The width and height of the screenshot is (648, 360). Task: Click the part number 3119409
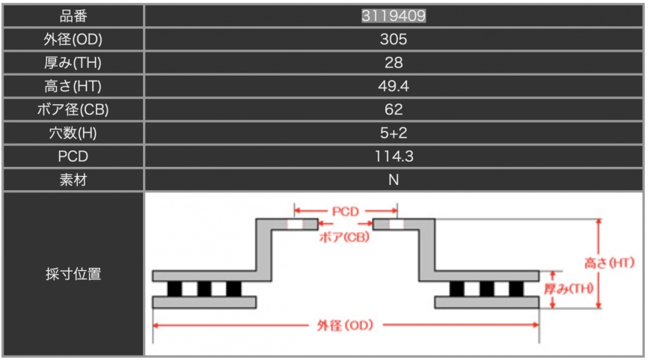(394, 16)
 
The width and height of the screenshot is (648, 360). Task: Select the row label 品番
(73, 16)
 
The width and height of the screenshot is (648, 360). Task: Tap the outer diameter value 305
(394, 39)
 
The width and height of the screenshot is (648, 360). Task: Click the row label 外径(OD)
(73, 39)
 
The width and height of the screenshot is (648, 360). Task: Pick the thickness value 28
(394, 62)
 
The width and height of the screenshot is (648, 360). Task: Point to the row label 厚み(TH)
(73, 62)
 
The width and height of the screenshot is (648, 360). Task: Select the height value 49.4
(394, 86)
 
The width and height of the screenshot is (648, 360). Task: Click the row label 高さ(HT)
(73, 86)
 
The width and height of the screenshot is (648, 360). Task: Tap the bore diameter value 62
(394, 109)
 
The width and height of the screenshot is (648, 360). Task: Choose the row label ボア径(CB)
(73, 109)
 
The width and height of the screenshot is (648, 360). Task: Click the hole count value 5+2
(394, 133)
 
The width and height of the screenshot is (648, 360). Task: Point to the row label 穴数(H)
(73, 133)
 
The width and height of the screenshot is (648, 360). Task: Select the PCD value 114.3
(394, 156)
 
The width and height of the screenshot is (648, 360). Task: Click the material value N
(394, 180)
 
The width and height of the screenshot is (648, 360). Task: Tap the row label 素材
(73, 180)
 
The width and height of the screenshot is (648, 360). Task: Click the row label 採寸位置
(73, 274)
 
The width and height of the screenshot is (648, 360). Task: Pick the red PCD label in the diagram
(345, 211)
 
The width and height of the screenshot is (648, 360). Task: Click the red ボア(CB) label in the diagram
(345, 238)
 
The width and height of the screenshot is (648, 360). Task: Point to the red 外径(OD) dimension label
(345, 326)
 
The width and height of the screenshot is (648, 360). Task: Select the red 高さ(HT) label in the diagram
(609, 263)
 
